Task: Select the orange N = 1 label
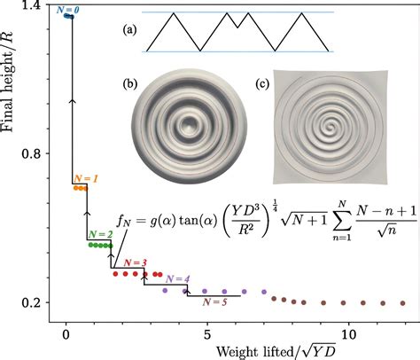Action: (86, 179)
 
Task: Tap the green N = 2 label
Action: (99, 234)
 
